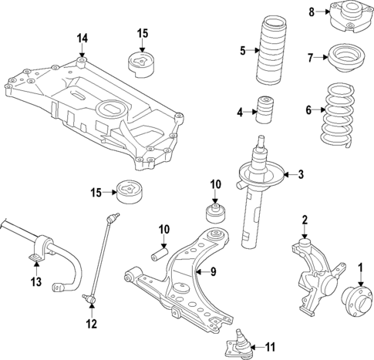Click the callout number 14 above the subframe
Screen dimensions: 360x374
point(83,38)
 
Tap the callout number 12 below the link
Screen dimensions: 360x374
point(92,325)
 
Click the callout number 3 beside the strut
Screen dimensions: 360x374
point(301,174)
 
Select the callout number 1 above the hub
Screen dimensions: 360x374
point(359,268)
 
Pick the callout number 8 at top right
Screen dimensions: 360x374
point(312,12)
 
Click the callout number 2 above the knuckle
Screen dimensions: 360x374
point(305,220)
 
